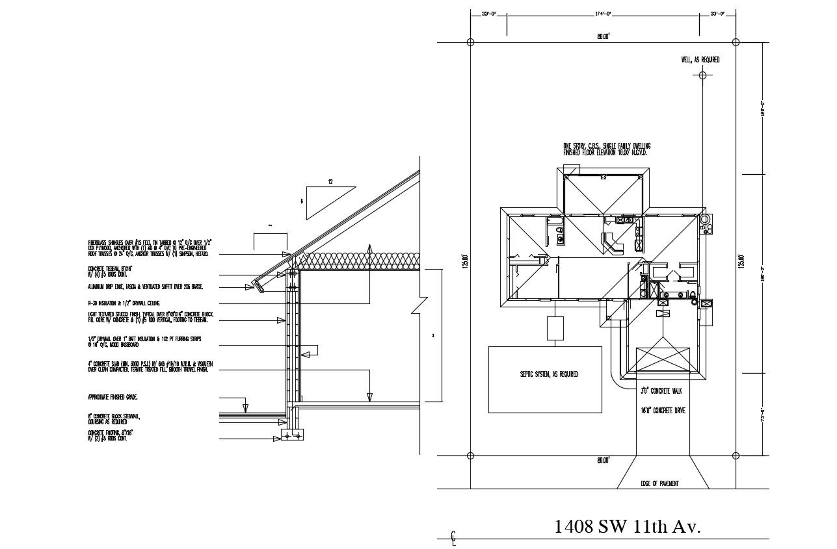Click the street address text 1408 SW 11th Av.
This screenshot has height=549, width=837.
627,526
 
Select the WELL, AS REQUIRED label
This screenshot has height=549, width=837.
700,60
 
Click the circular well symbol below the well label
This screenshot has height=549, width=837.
702,75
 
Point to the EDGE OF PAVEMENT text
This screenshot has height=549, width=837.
660,483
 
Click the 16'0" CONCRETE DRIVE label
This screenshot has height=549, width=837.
663,411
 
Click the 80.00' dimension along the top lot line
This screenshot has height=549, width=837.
603,37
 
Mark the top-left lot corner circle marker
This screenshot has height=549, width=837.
471,42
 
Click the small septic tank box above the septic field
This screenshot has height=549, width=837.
554,327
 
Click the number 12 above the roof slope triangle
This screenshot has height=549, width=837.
330,183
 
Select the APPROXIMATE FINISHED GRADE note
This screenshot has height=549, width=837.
113,396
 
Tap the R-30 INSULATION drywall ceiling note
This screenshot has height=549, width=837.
124,303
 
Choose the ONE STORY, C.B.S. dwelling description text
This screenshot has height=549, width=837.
606,149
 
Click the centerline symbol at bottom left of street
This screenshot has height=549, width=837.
454,537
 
